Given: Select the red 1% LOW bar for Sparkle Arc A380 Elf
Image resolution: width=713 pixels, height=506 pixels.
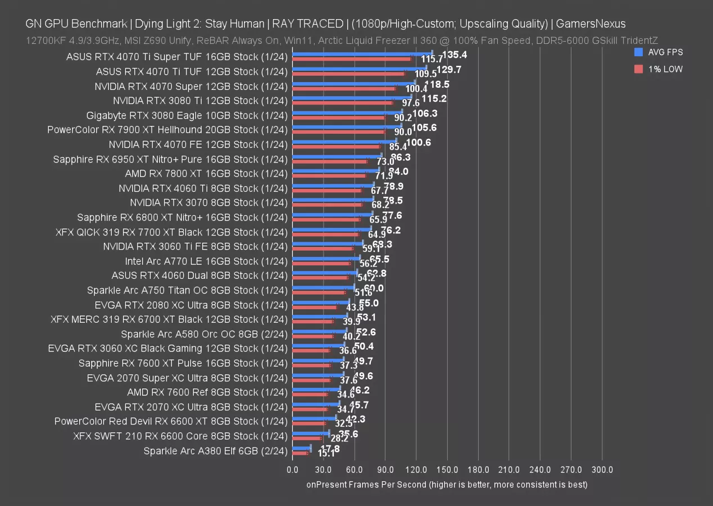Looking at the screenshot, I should (300, 453).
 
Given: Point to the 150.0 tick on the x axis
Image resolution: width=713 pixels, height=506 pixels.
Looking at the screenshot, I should (447, 469).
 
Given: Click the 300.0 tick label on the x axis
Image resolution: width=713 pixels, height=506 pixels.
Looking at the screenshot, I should (602, 469).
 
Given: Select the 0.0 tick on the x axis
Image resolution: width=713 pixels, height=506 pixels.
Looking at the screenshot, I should (292, 469).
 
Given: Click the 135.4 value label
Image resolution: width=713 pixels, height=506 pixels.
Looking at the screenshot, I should (455, 55).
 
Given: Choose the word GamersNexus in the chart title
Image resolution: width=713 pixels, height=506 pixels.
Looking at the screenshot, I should (591, 24).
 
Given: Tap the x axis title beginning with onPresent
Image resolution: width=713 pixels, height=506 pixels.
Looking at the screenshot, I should (447, 484).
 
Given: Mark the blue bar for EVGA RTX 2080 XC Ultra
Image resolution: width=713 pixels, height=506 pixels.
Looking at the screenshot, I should (320, 302).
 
